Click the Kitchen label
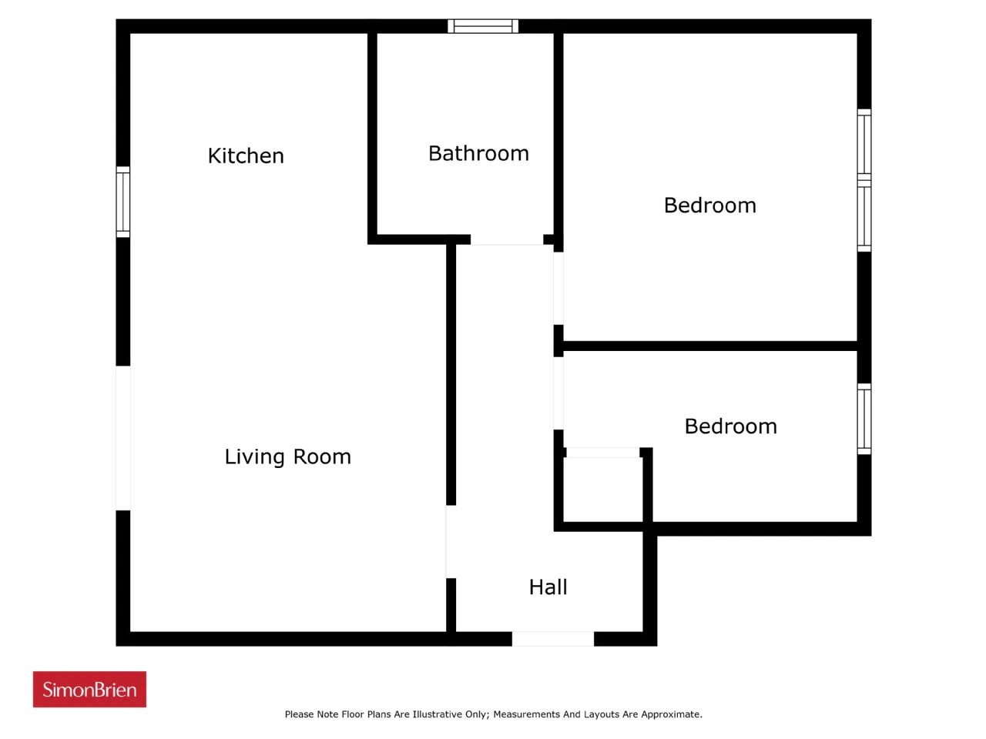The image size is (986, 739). (x=246, y=155)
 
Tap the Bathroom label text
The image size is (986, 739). (x=478, y=153)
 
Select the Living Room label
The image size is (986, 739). (x=287, y=456)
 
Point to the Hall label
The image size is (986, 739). (x=548, y=587)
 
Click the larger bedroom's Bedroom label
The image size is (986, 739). (x=709, y=206)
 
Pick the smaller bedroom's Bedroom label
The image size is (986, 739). (x=730, y=426)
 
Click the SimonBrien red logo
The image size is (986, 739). (x=89, y=689)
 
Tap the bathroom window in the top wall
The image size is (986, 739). (x=483, y=26)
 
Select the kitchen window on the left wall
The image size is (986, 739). (x=123, y=202)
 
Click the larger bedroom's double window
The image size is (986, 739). (x=864, y=180)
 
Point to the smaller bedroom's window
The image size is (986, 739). (x=864, y=419)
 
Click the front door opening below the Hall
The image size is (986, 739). (x=553, y=639)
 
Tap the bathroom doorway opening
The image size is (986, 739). (x=507, y=239)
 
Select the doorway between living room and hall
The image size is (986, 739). (x=451, y=542)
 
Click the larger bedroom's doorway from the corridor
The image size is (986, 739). (x=558, y=289)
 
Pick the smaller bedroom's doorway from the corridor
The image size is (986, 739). (x=558, y=393)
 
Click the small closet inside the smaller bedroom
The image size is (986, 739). (x=603, y=489)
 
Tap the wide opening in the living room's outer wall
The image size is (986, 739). (x=123, y=438)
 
